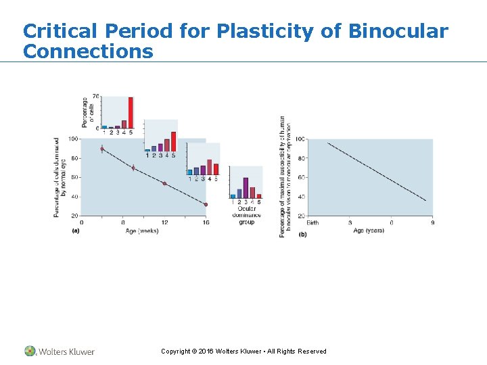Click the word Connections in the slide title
coord(88,51)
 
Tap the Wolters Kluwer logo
coord(60,351)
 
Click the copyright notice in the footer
coord(243,351)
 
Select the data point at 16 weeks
coord(206,204)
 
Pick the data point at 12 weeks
coord(164,183)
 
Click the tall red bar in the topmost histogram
coord(131,112)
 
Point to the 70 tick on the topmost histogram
coord(96,97)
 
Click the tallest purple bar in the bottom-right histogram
coord(246,187)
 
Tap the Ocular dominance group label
coord(246,214)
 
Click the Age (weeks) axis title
coord(141,231)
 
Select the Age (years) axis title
coord(369,230)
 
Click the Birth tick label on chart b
coord(312,222)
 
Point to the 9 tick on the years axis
coord(432,222)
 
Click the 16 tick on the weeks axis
coord(206,222)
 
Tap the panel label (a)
coord(76,231)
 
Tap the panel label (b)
coord(302,234)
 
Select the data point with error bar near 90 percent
coord(102,149)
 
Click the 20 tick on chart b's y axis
coord(301,216)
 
